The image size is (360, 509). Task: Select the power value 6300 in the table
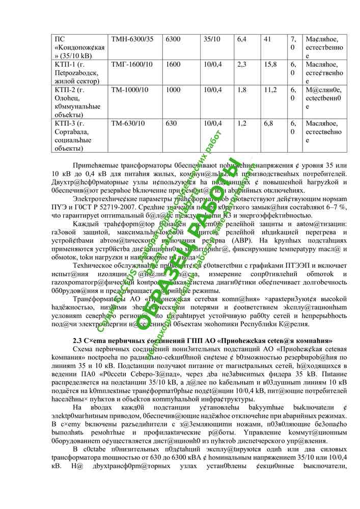coord(173,39)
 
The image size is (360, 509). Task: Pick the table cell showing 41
coord(267,39)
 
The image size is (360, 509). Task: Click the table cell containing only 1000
coord(173,90)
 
